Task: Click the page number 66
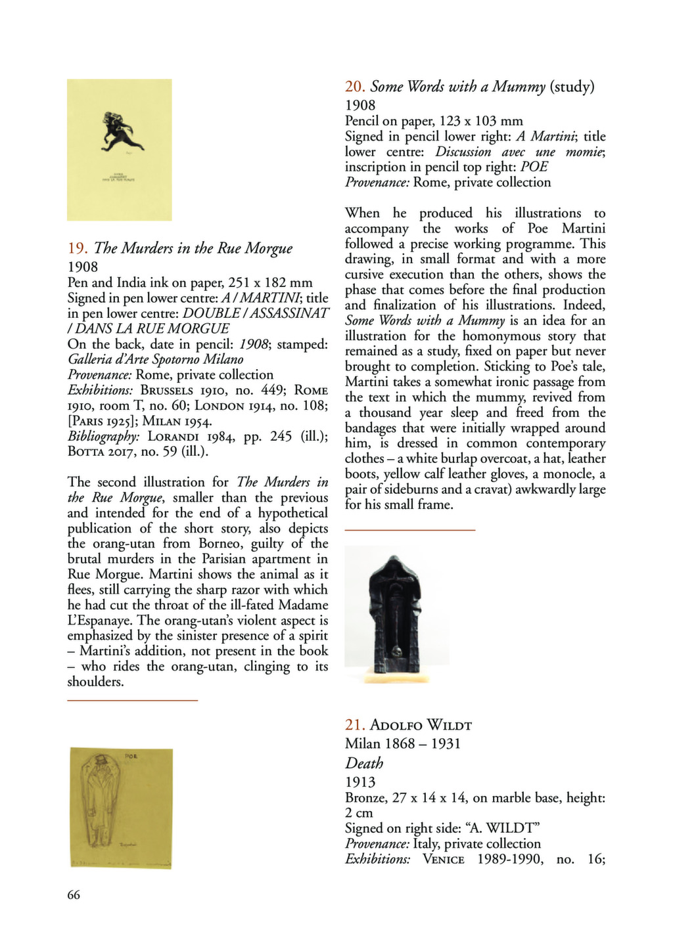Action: tap(74, 894)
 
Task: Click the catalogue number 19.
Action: tap(78, 248)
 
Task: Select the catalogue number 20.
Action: tap(355, 87)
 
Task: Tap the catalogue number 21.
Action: tap(355, 725)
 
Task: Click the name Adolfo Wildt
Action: tap(421, 725)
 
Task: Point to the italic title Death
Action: tap(364, 763)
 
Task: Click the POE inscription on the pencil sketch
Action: tap(132, 757)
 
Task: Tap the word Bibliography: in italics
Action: tap(104, 436)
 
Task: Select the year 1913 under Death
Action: tap(360, 782)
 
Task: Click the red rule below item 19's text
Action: tap(132, 701)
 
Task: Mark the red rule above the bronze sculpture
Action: tap(409, 529)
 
